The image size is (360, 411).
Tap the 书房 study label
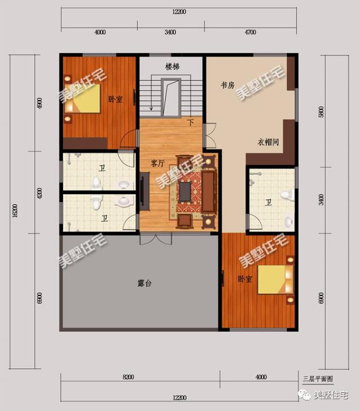pyautogui.click(x=227, y=86)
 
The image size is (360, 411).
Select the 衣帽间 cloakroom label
pyautogui.click(x=268, y=142)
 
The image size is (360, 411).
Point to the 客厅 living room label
pyautogui.click(x=157, y=163)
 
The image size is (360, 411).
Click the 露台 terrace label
pyautogui.click(x=145, y=282)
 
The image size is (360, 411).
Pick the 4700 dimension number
pyautogui.click(x=250, y=32)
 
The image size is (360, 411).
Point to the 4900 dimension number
pyautogui.click(x=39, y=104)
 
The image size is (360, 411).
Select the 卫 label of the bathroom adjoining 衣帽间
pyautogui.click(x=268, y=202)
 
